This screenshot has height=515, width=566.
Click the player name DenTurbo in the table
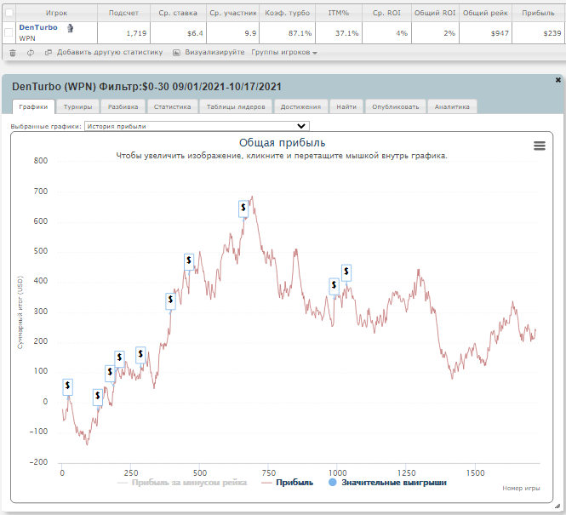point(38,27)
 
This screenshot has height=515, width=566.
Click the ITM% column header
point(338,13)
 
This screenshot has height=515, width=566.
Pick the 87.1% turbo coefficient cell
point(300,33)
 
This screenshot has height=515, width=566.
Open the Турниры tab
point(77,106)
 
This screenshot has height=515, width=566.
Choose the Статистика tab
point(172,106)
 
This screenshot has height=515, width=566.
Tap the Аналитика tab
point(452,106)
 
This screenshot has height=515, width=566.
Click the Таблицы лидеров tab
point(236,106)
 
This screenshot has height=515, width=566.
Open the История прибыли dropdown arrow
point(301,126)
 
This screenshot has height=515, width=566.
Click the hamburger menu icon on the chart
point(540,146)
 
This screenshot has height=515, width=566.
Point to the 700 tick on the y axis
point(41,192)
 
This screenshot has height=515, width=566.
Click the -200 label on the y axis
point(38,462)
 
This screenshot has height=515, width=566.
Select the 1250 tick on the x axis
point(407,472)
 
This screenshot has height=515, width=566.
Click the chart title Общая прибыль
point(282,142)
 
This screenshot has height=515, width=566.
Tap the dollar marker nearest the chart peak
point(243,209)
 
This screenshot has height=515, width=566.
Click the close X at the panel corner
point(558,80)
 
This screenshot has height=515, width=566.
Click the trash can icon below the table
point(13,53)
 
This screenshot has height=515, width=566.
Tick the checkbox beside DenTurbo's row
point(9,32)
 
